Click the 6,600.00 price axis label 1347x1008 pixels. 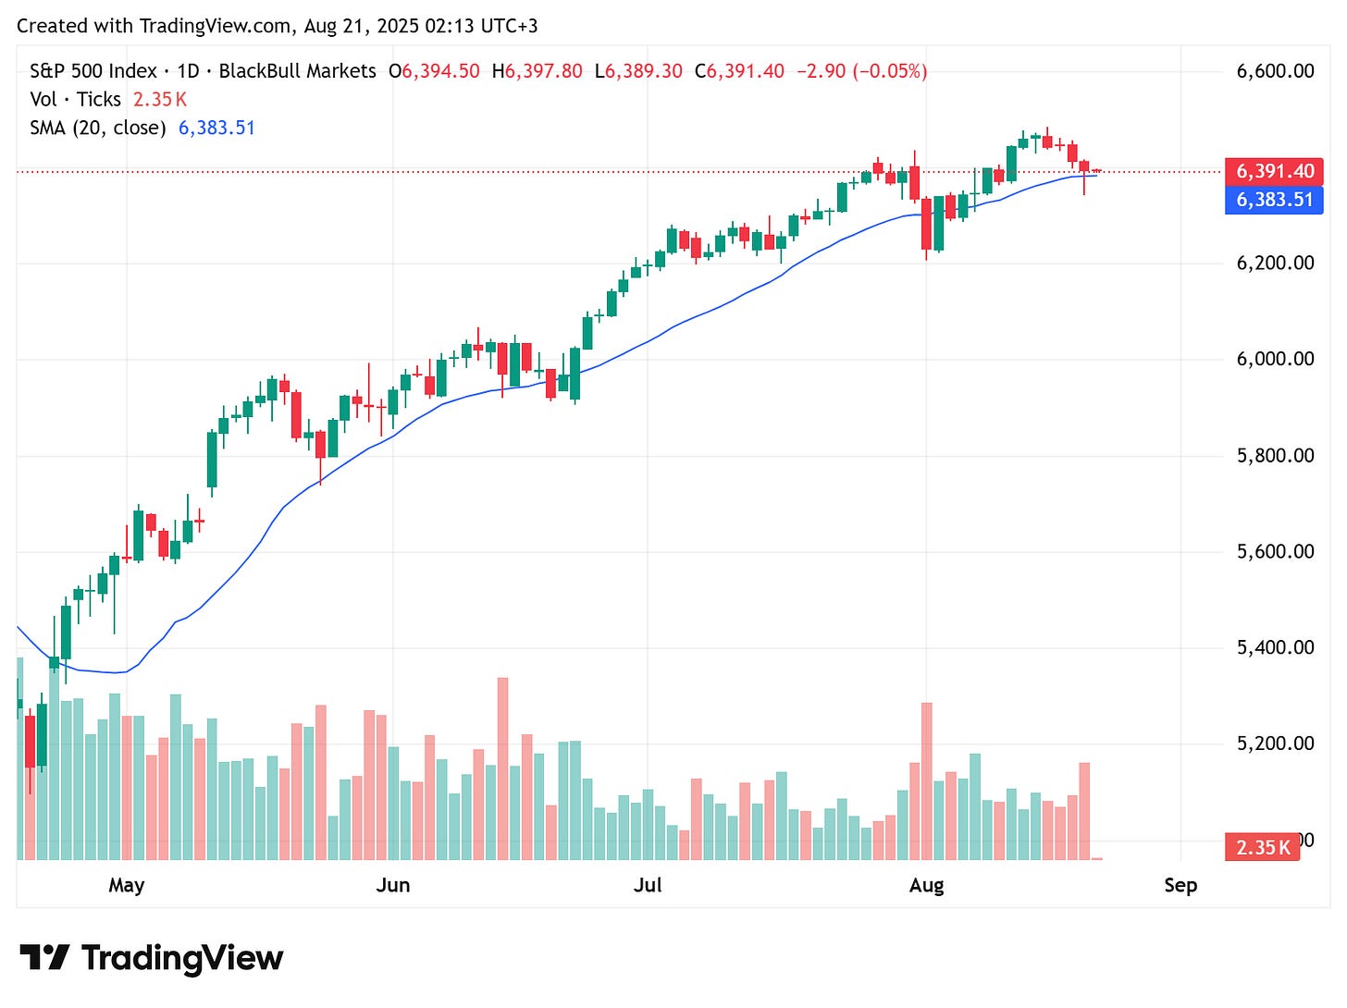tap(1275, 71)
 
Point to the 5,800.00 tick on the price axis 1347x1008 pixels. tap(1275, 455)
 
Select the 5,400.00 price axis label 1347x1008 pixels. tap(1275, 647)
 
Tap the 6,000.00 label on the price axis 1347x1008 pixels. tap(1275, 359)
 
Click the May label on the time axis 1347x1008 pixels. tap(127, 885)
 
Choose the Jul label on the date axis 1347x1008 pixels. tap(648, 885)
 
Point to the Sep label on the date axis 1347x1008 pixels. tap(1180, 885)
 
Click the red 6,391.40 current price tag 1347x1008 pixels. tap(1274, 171)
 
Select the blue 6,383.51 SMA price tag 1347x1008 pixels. tap(1274, 200)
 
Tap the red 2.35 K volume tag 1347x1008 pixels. tap(1262, 847)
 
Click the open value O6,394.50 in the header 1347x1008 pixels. tap(434, 71)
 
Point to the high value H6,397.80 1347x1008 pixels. tap(538, 71)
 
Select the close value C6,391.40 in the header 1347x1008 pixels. tap(739, 71)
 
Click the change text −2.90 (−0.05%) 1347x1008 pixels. tap(861, 71)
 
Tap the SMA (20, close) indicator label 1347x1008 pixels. tap(98, 128)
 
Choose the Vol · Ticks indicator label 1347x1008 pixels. tap(75, 99)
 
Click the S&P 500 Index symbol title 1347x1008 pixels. tap(93, 71)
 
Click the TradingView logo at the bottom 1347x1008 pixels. tap(152, 958)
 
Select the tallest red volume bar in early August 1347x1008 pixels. tap(926, 781)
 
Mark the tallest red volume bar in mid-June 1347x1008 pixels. tap(502, 769)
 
